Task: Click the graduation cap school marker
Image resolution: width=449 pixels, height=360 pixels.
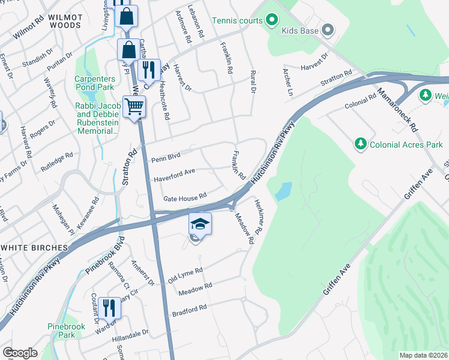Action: [x=200, y=224]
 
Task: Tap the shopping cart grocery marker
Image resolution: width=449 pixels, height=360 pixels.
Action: [x=134, y=107]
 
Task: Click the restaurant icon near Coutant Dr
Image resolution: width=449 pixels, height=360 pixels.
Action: [x=109, y=308]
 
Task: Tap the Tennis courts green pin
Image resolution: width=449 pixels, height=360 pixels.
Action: [x=271, y=21]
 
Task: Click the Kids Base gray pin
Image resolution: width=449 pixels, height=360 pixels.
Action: [x=328, y=29]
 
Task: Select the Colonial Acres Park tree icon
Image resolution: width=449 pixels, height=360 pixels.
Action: [x=360, y=145]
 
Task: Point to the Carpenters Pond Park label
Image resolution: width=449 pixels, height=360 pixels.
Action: [x=94, y=83]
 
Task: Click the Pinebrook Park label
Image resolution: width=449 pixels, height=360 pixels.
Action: [x=63, y=331]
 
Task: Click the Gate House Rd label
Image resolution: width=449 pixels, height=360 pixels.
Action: [x=184, y=197]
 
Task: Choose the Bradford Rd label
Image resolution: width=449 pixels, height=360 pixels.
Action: [x=189, y=308]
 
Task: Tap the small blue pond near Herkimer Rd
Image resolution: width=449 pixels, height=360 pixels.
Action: [x=283, y=191]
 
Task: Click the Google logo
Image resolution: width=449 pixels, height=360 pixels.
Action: [x=20, y=353]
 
